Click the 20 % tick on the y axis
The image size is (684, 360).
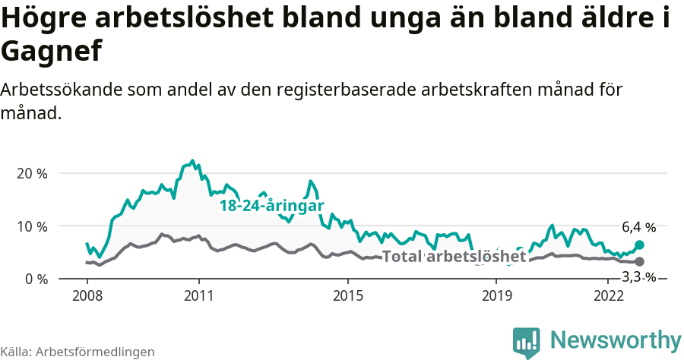32,173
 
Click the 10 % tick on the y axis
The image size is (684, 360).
32,226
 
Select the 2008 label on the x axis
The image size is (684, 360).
87,295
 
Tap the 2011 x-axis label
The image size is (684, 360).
198,295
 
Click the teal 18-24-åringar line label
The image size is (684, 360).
272,206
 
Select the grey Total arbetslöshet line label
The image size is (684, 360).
454,257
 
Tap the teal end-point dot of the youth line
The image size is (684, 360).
639,245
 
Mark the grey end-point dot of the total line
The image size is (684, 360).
639,261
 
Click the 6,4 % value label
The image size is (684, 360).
638,227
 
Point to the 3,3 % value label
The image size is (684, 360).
638,276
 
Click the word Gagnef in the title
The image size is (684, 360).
51,52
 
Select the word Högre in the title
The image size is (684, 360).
43,19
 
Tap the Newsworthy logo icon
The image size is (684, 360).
527,343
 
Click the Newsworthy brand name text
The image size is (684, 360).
616,339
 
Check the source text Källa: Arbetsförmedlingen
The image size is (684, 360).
78,352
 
